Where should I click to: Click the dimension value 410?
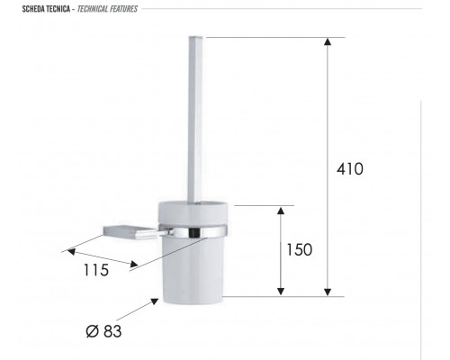tap(349, 169)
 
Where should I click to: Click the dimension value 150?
tap(299, 249)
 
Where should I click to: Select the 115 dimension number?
tap(96, 270)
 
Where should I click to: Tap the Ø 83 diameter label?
tap(103, 331)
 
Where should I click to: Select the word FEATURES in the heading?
tap(123, 9)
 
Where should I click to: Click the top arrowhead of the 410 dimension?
tap(328, 41)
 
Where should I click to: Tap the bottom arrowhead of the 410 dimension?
tap(328, 292)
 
